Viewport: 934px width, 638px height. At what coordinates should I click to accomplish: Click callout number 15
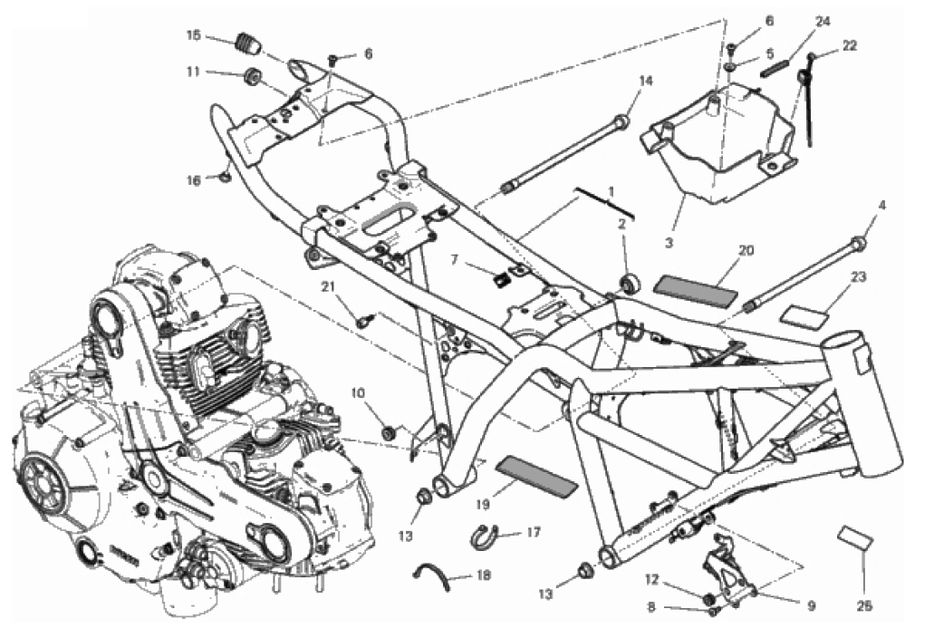point(194,35)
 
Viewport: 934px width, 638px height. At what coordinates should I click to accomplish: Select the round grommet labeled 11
point(251,74)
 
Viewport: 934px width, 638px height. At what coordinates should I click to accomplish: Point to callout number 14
point(645,81)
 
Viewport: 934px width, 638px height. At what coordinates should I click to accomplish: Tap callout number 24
point(822,20)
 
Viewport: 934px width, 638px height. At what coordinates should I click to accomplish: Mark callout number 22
point(849,44)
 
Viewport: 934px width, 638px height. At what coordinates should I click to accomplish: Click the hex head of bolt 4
point(858,242)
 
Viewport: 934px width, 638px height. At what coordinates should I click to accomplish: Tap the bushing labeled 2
point(628,284)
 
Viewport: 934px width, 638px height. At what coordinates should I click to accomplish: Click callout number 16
point(193,180)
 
